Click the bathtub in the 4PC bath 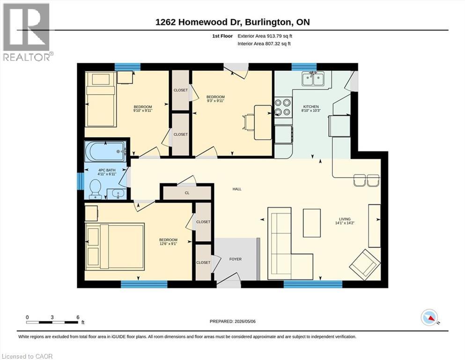tap(105, 151)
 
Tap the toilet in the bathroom tap(96, 189)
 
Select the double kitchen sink tap(313, 79)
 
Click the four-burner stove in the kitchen tap(282, 107)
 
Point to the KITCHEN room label tap(311, 106)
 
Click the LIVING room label tap(345, 219)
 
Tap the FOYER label tap(236, 259)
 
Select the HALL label tap(237, 189)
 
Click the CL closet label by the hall tap(187, 193)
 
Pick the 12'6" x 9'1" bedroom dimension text tap(168, 244)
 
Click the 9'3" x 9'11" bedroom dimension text tap(215, 101)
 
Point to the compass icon tap(429, 317)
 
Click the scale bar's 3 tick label tap(52, 317)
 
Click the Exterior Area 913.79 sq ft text tap(265, 36)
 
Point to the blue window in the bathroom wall tap(80, 181)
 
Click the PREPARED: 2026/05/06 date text tap(232, 322)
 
